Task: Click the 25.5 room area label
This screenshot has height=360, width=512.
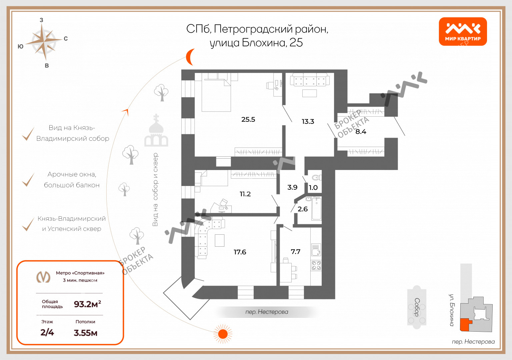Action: tap(248, 119)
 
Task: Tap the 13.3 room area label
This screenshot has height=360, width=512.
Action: tap(308, 121)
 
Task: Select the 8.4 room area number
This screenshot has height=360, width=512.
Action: tap(361, 132)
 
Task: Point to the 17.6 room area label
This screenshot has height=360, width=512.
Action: tap(240, 252)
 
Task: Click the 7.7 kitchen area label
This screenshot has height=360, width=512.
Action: tap(295, 252)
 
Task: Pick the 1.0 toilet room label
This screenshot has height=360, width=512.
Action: tap(313, 188)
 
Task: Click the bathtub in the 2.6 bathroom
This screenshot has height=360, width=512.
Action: tap(316, 209)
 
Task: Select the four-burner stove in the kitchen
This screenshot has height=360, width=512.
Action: tap(316, 265)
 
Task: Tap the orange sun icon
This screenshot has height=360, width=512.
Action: tap(222, 334)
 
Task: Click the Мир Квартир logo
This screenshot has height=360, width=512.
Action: tap(463, 31)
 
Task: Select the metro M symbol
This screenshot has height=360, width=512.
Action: tap(43, 277)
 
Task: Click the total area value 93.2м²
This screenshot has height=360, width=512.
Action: tap(87, 304)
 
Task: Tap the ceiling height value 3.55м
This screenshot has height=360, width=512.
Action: tap(85, 333)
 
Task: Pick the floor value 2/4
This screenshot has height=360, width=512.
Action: tap(47, 332)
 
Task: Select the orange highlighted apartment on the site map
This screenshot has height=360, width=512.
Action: tap(465, 324)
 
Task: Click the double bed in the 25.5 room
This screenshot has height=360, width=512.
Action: tap(216, 95)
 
